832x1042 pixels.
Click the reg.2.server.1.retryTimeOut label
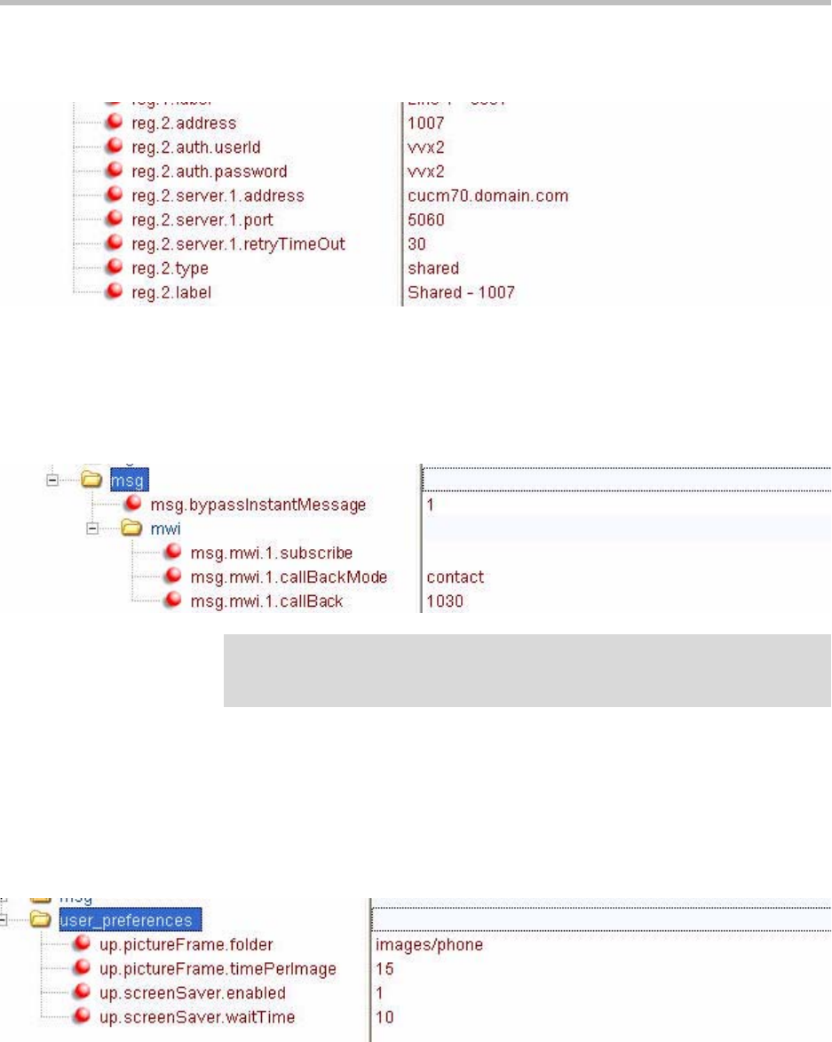click(238, 243)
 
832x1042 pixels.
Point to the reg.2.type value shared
click(433, 266)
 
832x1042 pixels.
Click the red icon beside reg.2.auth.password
click(114, 171)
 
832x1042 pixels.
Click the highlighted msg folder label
click(127, 481)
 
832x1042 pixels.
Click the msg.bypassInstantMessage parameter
click(258, 505)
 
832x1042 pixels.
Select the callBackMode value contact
click(455, 577)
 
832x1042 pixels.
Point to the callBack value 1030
click(445, 601)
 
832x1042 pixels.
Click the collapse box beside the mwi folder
click(91, 529)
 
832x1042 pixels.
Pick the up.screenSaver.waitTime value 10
click(384, 1016)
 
